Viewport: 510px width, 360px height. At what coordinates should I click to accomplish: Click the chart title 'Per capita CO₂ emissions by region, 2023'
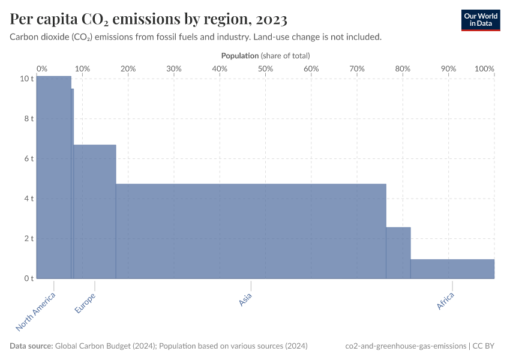click(149, 19)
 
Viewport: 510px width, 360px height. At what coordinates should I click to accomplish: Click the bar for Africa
click(452, 269)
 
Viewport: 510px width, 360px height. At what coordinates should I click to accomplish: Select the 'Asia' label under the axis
click(245, 301)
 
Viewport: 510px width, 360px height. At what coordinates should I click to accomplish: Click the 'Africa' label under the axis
click(446, 302)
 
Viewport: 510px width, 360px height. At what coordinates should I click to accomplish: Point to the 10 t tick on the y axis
click(26, 79)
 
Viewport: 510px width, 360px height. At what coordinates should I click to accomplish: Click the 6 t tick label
click(28, 158)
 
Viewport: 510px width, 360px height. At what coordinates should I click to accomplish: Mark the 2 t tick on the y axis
click(28, 238)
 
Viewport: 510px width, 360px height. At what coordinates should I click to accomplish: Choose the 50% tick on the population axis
click(265, 68)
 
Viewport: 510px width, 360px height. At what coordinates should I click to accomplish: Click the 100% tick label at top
click(484, 68)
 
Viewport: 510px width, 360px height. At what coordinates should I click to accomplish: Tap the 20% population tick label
click(128, 68)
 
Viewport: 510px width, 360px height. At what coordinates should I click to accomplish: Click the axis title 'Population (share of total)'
click(265, 55)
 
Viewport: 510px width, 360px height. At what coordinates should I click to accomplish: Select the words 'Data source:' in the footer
click(31, 346)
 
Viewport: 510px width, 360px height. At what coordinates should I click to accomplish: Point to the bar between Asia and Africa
click(398, 253)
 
